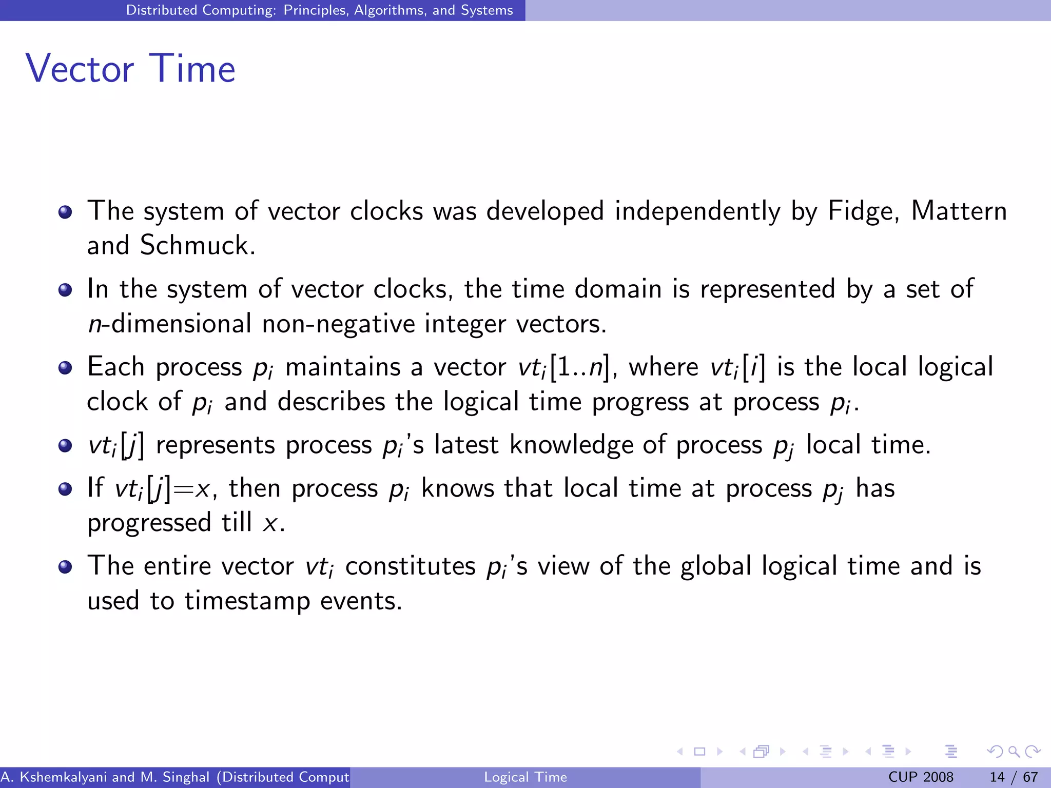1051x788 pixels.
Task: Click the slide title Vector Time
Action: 130,68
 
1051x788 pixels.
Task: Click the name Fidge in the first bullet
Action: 863,211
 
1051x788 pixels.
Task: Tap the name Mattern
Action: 959,211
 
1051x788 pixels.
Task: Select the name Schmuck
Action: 197,245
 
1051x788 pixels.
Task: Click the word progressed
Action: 149,524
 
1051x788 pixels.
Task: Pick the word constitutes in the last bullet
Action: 411,566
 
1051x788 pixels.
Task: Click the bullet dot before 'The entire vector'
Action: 65,567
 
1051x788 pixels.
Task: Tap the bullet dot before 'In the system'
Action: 65,290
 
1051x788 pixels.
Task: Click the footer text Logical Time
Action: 525,777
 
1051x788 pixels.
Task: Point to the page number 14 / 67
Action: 1014,777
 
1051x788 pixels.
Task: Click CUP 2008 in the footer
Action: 921,777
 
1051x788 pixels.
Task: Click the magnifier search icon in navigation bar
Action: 1014,752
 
